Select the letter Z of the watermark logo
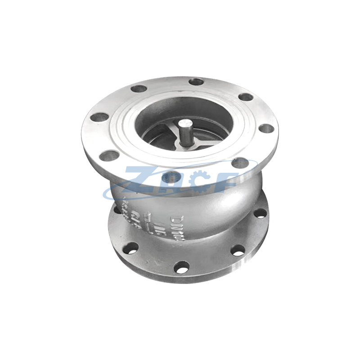(138, 180)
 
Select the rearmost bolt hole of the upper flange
(196, 82)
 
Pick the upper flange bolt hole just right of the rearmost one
(245, 97)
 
